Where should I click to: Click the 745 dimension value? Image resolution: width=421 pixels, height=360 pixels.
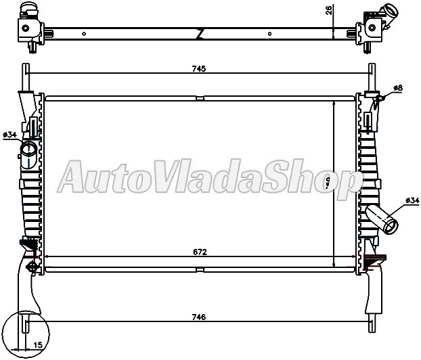pos(198,68)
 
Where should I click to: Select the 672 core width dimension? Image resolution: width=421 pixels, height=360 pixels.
pos(199,251)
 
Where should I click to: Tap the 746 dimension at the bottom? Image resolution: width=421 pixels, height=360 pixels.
pos(199,317)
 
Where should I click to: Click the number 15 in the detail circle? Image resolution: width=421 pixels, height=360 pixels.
pos(38,346)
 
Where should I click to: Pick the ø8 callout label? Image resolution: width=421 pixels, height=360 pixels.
pos(397,89)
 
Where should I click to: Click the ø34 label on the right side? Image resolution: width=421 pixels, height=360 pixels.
pos(412,201)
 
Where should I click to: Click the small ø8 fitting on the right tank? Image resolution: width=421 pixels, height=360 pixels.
pos(380,98)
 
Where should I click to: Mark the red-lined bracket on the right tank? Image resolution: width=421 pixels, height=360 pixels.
pos(374,260)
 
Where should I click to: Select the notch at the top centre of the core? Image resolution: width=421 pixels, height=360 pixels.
pos(200,99)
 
